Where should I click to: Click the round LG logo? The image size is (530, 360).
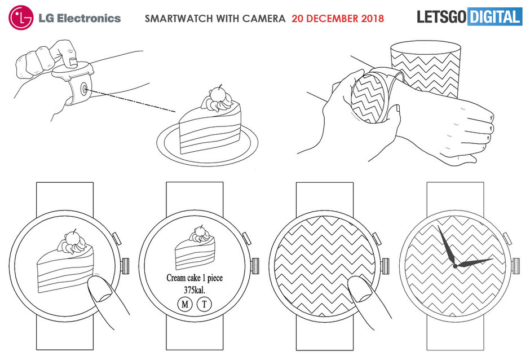(21, 17)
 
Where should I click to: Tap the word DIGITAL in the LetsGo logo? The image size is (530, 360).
(494, 16)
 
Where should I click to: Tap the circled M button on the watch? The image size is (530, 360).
(185, 304)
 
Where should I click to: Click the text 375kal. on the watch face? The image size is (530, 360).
(195, 290)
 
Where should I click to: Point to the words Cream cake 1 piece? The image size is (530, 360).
(195, 278)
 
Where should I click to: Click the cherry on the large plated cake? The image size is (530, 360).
(217, 93)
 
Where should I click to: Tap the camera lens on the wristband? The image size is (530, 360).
(83, 89)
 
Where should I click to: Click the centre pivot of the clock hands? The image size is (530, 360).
(456, 266)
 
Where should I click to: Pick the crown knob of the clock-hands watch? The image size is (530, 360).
(516, 266)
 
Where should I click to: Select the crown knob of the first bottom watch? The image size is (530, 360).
(125, 266)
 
